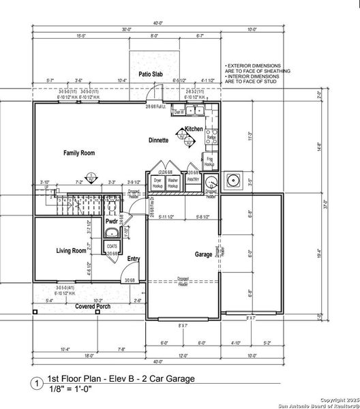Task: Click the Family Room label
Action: pyautogui.click(x=78, y=153)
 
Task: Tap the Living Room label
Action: pyautogui.click(x=71, y=251)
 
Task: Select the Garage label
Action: pyautogui.click(x=203, y=254)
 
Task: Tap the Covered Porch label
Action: pyautogui.click(x=94, y=306)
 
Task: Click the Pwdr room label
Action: pyautogui.click(x=112, y=222)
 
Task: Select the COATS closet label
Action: pyautogui.click(x=112, y=246)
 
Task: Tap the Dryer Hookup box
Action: pyautogui.click(x=157, y=183)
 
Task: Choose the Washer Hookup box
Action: pyautogui.click(x=174, y=183)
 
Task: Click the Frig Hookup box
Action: pyautogui.click(x=210, y=162)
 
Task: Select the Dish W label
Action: pyautogui.click(x=179, y=111)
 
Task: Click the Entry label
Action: pyautogui.click(x=134, y=258)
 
